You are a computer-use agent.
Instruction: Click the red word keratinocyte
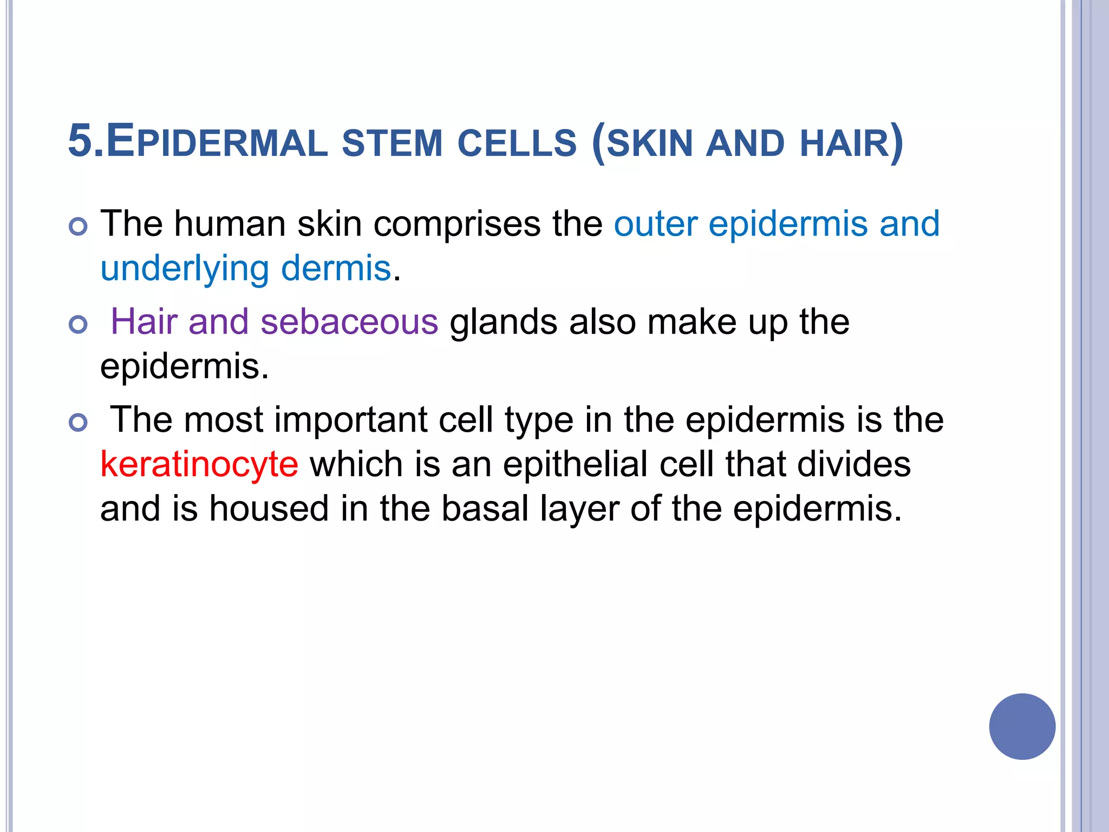[x=199, y=465]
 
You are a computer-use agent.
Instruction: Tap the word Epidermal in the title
[x=217, y=142]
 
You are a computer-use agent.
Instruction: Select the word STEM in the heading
[x=392, y=144]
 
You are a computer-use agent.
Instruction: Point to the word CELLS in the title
[x=517, y=144]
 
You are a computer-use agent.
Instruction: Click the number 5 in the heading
[x=80, y=141]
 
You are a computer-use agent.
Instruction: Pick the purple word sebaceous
[x=349, y=322]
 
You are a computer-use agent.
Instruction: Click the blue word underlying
[x=185, y=269]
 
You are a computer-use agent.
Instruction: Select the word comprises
[x=457, y=224]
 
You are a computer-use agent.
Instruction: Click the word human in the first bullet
[x=230, y=223]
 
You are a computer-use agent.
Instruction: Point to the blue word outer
[x=655, y=224]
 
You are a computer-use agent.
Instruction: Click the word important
[x=351, y=420]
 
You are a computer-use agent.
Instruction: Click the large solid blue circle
[x=1022, y=726]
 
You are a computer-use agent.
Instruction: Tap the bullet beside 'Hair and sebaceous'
[x=79, y=324]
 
